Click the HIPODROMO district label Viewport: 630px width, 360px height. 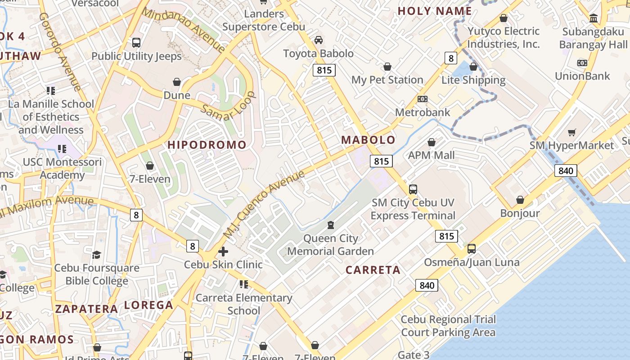point(207,145)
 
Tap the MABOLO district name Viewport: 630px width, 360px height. point(368,140)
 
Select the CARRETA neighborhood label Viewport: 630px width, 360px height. point(373,270)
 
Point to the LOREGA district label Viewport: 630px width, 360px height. point(148,305)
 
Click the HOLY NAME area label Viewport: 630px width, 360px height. point(435,11)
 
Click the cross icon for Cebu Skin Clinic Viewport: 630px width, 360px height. point(223,252)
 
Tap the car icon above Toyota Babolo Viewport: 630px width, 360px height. point(319,40)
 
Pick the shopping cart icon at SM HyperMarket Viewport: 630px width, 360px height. point(571,132)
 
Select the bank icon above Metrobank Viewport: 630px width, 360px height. point(422,99)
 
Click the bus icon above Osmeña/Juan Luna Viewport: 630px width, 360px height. point(472,248)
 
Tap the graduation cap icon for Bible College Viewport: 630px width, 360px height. point(96,255)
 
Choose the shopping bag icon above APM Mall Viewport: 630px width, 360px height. point(432,143)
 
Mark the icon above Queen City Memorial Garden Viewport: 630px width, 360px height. point(331,225)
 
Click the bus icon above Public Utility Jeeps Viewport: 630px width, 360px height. point(136,43)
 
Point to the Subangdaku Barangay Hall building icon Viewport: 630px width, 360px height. point(594,18)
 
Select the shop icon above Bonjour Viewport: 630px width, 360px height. point(520,200)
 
